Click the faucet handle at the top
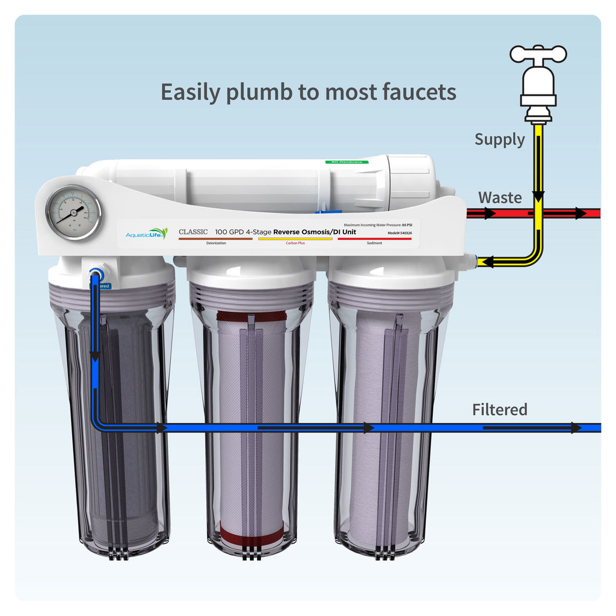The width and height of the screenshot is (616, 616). click(538, 53)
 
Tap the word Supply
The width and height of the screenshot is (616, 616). click(499, 140)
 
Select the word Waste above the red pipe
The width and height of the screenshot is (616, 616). click(500, 197)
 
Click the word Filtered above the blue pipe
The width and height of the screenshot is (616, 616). click(499, 410)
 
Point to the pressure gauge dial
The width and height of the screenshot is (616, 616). click(73, 212)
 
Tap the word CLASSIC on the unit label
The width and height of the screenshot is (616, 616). click(193, 232)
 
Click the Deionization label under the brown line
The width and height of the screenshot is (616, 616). click(216, 243)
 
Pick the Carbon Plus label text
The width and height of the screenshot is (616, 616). click(295, 243)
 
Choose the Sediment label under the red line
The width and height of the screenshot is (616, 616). click(374, 243)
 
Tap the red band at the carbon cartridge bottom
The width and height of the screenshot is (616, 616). click(251, 531)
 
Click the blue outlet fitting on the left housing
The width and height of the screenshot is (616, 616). click(95, 274)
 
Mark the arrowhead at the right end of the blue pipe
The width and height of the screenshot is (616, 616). click(576, 428)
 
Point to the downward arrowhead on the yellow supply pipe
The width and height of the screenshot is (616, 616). click(538, 195)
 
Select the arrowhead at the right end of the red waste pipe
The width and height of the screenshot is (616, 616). click(581, 213)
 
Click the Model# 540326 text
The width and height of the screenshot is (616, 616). click(399, 233)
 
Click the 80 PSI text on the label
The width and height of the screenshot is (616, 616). click(407, 224)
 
